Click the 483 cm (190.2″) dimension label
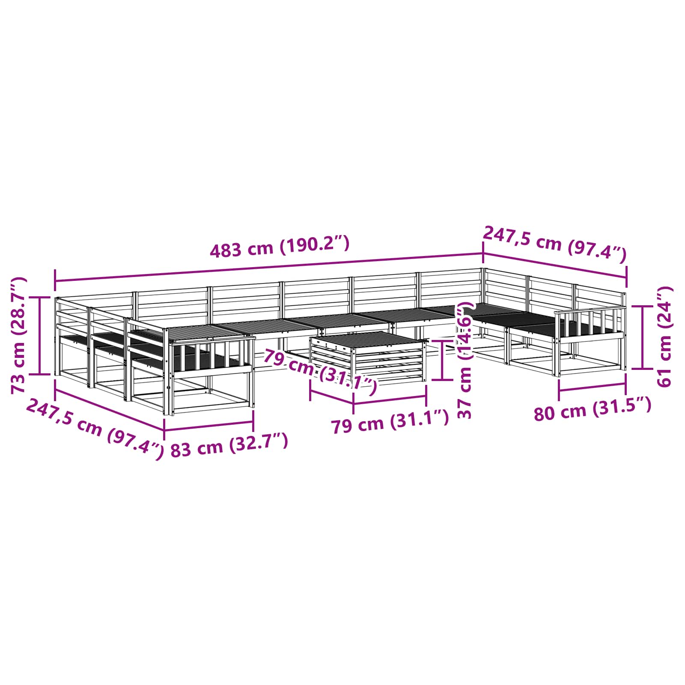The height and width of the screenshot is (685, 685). click(x=280, y=247)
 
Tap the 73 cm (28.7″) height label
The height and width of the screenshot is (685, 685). click(x=18, y=335)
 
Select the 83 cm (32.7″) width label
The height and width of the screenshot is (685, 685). click(x=229, y=445)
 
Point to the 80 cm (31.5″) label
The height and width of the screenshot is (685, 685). click(x=593, y=409)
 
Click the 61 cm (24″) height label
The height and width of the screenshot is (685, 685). click(x=664, y=337)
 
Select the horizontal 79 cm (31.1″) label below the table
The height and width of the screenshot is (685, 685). click(x=390, y=422)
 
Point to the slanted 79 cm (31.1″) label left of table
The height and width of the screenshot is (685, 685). click(x=320, y=371)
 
